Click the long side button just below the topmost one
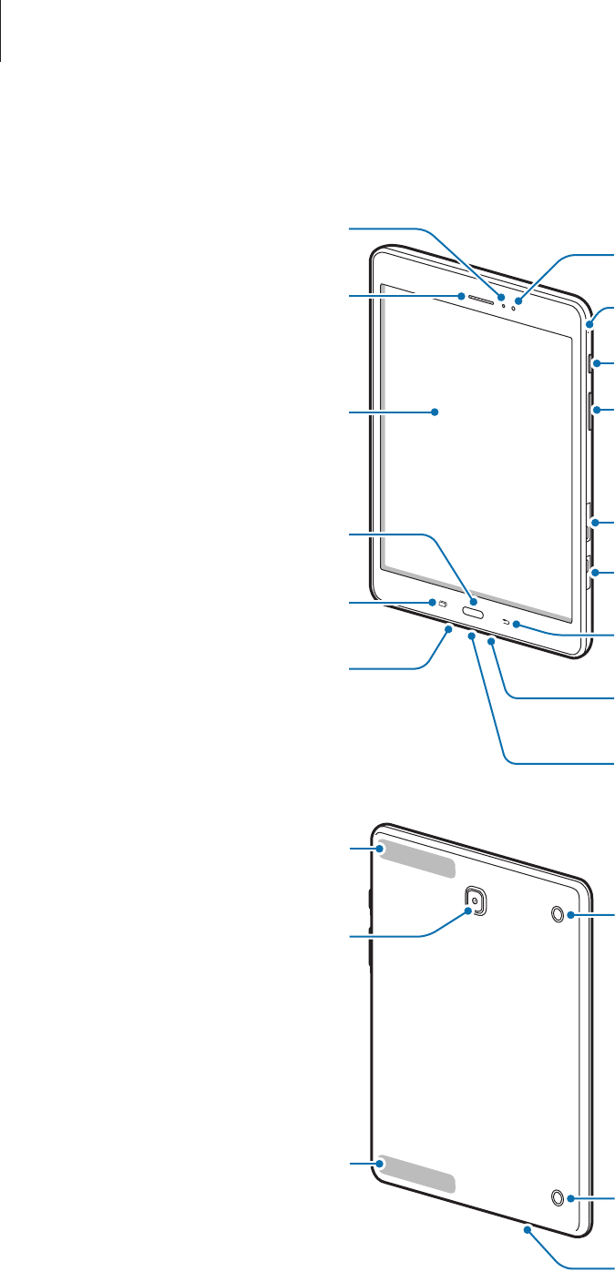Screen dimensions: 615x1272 click(592, 410)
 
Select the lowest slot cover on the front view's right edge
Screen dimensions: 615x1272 click(592, 572)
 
